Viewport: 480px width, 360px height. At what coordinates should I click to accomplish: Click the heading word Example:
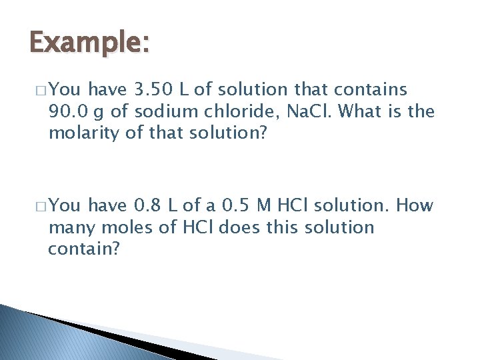[90, 45]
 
